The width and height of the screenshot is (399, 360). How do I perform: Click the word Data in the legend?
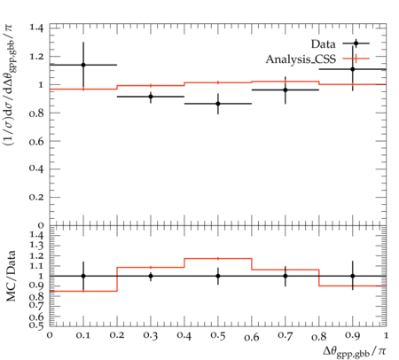pos(323,44)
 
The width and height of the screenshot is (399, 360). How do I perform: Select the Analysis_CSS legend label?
pos(301,59)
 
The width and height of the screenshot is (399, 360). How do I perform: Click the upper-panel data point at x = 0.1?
pos(83,65)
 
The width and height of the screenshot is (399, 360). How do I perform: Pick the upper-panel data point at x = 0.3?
pos(151,97)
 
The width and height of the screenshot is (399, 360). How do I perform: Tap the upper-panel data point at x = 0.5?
pos(218,104)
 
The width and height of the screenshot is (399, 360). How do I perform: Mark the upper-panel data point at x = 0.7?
pos(286,90)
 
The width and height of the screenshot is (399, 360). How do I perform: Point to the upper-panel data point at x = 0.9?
pos(353,69)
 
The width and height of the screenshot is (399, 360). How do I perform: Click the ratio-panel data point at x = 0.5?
pos(218,276)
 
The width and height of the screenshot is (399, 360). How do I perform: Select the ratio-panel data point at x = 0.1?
pos(83,276)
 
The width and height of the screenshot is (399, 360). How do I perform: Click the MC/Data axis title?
pos(12,276)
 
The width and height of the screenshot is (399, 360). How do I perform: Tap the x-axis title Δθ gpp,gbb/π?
pos(354,352)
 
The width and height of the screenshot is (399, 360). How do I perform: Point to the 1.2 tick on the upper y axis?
pos(36,56)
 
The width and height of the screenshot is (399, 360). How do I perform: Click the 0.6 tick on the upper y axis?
pos(36,141)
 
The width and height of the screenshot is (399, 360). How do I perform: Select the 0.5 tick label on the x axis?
pos(218,336)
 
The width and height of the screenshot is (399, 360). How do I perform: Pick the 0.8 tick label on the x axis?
pos(319,336)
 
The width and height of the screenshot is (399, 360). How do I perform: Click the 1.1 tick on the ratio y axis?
pos(36,266)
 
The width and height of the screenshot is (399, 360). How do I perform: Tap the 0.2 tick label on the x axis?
pos(117,336)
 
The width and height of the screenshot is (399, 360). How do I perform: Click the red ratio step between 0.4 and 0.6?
pos(218,259)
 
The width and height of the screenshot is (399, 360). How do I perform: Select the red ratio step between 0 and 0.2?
pos(83,291)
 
